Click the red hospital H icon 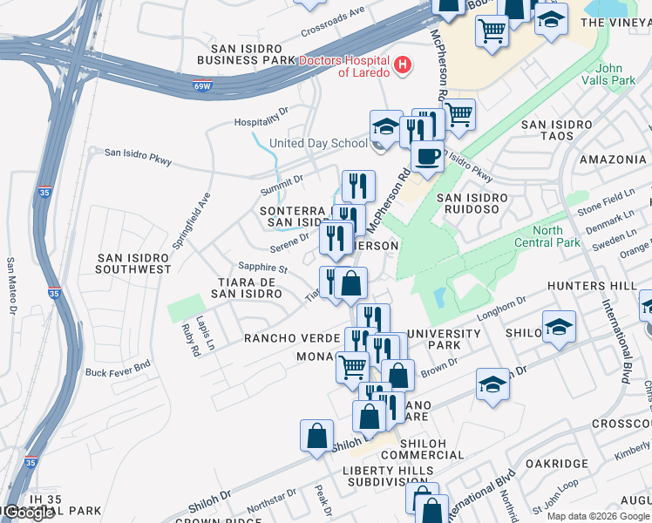pos(402,64)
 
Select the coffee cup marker pos(426,157)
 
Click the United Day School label pos(319,143)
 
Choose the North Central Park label pos(547,237)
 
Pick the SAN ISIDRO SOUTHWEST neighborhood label pos(134,263)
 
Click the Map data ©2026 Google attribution pos(598,516)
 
